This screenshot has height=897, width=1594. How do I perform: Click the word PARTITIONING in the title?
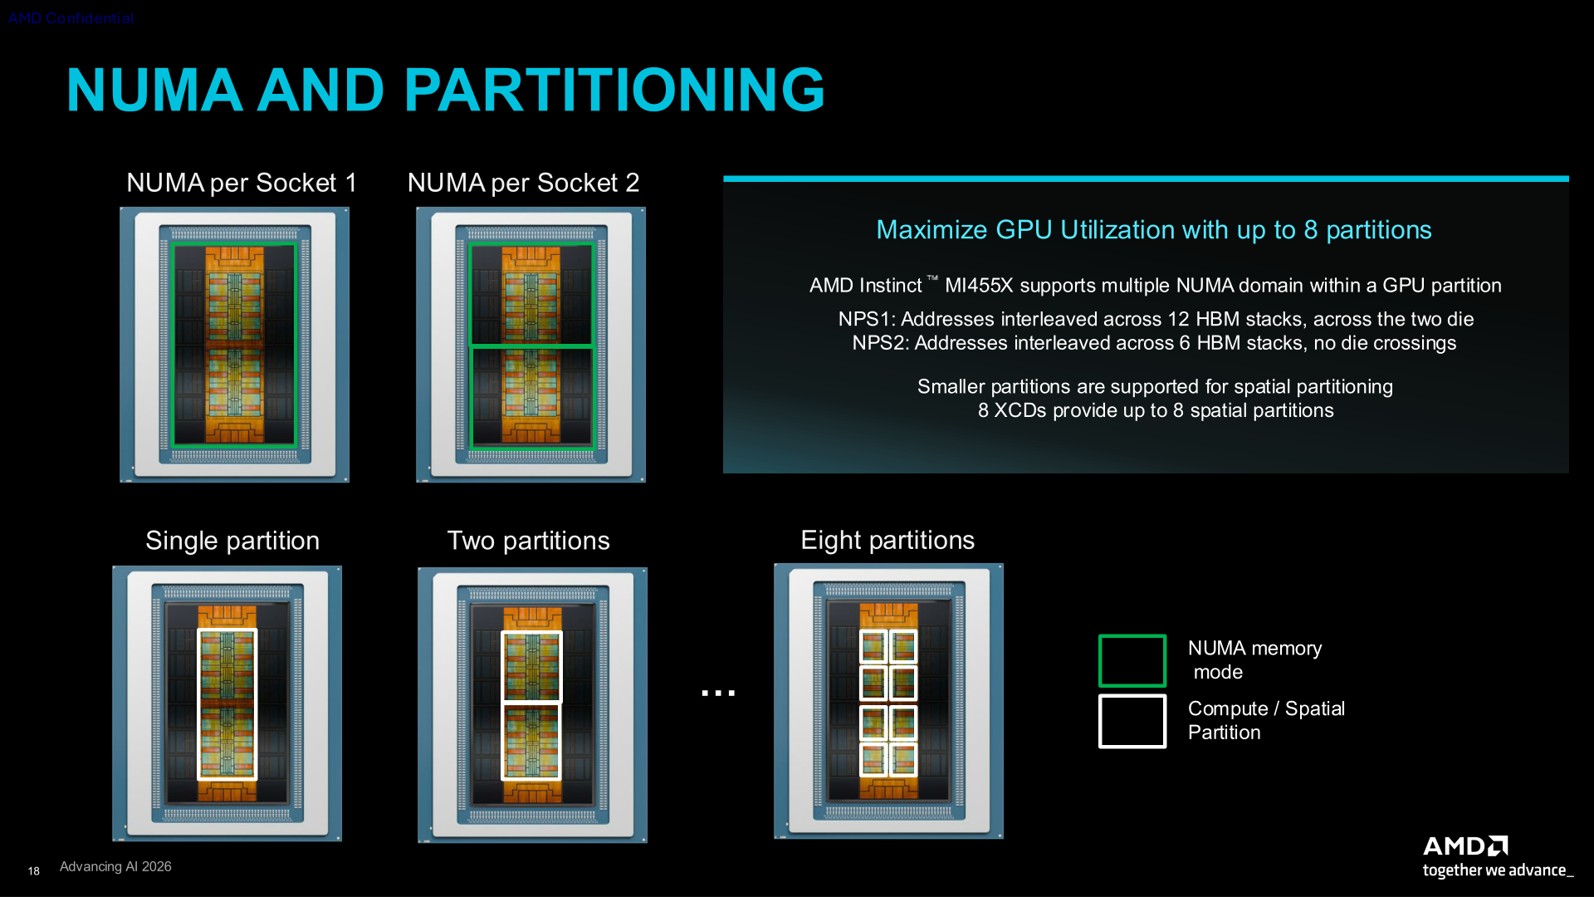614,90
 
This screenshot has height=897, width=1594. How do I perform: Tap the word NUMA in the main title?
154,90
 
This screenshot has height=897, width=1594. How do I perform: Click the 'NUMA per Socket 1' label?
242,183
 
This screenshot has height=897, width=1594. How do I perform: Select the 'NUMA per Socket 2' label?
524,183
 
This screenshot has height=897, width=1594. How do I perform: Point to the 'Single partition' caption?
232,541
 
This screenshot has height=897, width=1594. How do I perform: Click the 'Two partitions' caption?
529,541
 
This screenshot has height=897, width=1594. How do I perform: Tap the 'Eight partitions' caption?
887,541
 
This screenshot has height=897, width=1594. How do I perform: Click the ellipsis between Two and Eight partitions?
718,693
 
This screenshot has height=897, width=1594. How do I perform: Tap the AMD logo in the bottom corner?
1465,846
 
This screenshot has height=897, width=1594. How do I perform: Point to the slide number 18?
33,871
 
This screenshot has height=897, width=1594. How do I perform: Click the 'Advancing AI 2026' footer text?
115,866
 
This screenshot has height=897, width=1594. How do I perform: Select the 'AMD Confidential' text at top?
71,18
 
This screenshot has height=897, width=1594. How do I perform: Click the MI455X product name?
979,286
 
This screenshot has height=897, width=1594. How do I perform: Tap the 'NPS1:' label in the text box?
867,319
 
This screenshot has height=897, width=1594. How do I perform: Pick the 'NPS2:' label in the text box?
881,343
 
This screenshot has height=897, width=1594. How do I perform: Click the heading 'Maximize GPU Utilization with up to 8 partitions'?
1154,230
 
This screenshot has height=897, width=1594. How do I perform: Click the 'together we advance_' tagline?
1498,870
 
